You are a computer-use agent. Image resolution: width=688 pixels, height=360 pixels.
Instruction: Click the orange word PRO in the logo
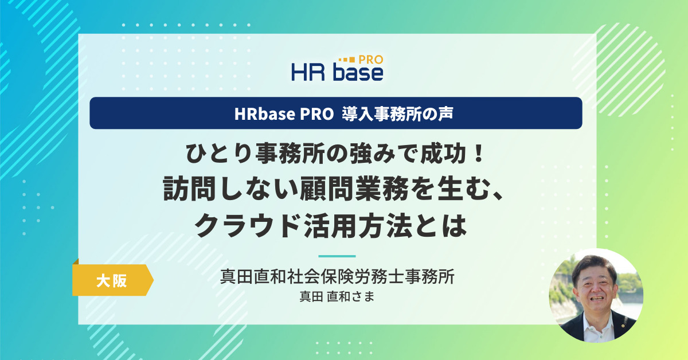coord(371,60)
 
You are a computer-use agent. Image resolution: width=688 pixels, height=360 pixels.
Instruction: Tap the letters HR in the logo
coord(308,72)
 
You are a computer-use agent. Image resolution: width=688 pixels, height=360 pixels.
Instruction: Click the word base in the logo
coord(358,72)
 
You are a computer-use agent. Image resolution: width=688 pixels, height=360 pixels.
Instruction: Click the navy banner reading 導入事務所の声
coord(336,113)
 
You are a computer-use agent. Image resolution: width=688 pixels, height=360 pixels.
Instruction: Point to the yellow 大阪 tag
coord(113,280)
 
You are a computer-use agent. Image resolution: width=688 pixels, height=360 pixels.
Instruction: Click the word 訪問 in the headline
coord(189,189)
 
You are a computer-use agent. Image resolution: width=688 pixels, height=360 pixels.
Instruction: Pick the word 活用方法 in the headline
coord(358,226)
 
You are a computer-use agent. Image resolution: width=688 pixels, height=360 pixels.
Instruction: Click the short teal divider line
coord(337,256)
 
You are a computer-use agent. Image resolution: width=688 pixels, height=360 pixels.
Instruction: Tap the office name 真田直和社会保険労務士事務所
coord(337,277)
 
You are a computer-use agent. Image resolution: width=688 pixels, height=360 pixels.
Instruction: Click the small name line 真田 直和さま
coord(337,297)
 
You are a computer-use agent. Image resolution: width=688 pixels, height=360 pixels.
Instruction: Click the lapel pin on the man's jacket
coord(621,325)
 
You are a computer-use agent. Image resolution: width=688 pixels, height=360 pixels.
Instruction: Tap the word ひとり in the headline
coord(219,153)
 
